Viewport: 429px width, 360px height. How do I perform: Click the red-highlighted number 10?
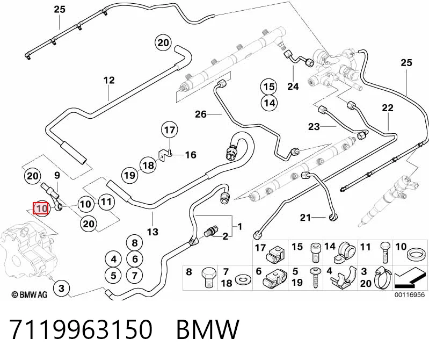click(41, 208)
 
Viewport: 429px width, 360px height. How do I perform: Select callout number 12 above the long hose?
click(109, 81)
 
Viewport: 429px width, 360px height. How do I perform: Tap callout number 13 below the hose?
click(152, 232)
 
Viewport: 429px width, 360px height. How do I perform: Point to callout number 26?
click(201, 114)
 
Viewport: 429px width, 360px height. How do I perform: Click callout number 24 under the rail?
click(293, 87)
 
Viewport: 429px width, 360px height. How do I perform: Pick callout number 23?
click(314, 126)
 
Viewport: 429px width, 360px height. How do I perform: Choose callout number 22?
click(388, 108)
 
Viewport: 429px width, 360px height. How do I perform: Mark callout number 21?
click(306, 218)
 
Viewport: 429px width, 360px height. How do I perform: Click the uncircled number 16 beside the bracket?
click(191, 155)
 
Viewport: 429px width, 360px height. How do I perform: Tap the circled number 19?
click(130, 175)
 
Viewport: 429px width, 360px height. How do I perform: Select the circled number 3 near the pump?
click(61, 288)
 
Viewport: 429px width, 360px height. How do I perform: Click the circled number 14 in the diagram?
click(269, 103)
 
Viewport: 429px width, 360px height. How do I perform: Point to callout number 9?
click(57, 176)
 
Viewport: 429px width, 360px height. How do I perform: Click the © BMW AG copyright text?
click(30, 294)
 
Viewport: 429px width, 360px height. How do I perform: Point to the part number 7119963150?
click(81, 329)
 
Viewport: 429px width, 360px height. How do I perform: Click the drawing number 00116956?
click(410, 294)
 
